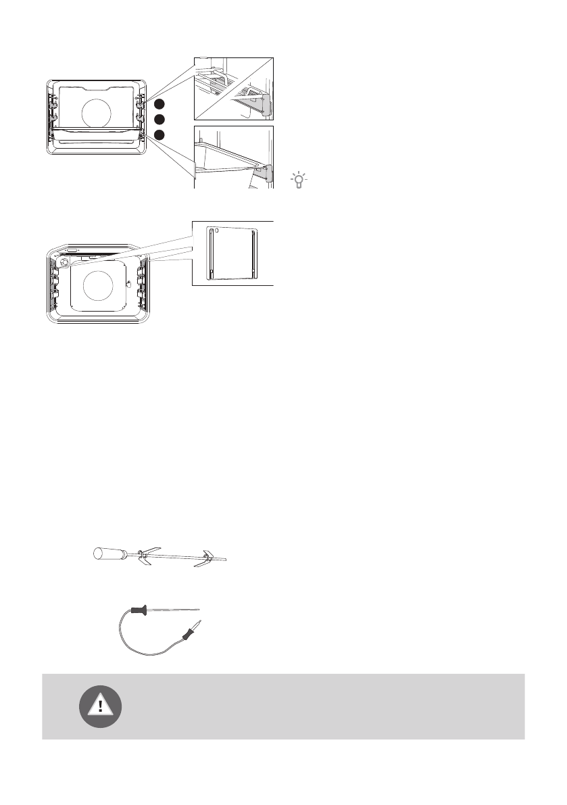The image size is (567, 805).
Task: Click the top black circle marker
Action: [159, 104]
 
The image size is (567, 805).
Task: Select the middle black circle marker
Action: [159, 120]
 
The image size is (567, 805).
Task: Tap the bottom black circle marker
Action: [159, 135]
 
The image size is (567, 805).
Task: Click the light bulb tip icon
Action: [298, 179]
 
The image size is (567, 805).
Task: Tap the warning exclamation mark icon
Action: [101, 706]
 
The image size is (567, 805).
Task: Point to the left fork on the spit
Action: [144, 556]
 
